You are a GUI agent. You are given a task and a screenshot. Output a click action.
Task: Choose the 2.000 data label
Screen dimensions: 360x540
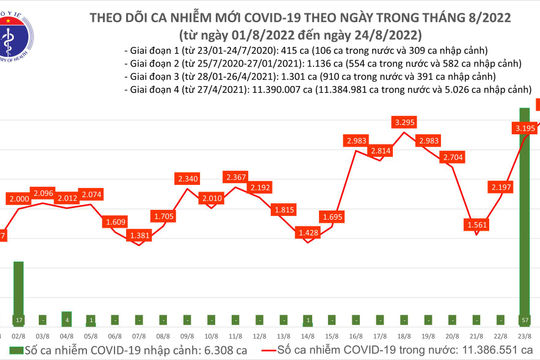(x=42, y=200)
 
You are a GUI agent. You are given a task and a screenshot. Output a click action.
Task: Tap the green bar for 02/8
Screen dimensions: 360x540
(x=17, y=289)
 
